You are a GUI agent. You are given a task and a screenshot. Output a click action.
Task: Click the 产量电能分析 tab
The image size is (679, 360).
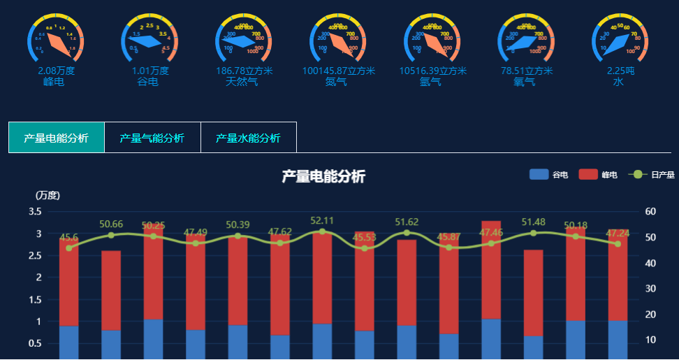click(56, 138)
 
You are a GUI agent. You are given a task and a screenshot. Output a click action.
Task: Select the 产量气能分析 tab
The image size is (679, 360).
click(152, 138)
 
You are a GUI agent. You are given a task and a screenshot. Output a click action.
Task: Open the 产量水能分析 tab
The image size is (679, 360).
click(248, 138)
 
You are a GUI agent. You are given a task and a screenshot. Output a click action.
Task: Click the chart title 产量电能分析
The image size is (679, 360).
click(323, 177)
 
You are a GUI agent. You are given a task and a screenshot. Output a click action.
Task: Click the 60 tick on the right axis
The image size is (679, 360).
click(650, 211)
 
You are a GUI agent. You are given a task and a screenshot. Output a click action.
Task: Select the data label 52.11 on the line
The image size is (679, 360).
click(322, 221)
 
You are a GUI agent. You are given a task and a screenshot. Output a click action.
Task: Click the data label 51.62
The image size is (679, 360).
click(407, 222)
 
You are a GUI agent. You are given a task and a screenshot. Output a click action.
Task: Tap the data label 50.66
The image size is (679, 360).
click(111, 224)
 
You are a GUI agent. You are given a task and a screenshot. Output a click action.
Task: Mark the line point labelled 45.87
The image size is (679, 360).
click(449, 247)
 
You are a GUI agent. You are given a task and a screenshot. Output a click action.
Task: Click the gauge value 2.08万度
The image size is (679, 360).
click(57, 71)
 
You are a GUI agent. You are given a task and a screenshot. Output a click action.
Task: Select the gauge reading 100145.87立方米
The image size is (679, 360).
click(339, 71)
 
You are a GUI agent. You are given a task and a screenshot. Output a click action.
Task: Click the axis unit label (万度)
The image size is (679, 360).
click(48, 195)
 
